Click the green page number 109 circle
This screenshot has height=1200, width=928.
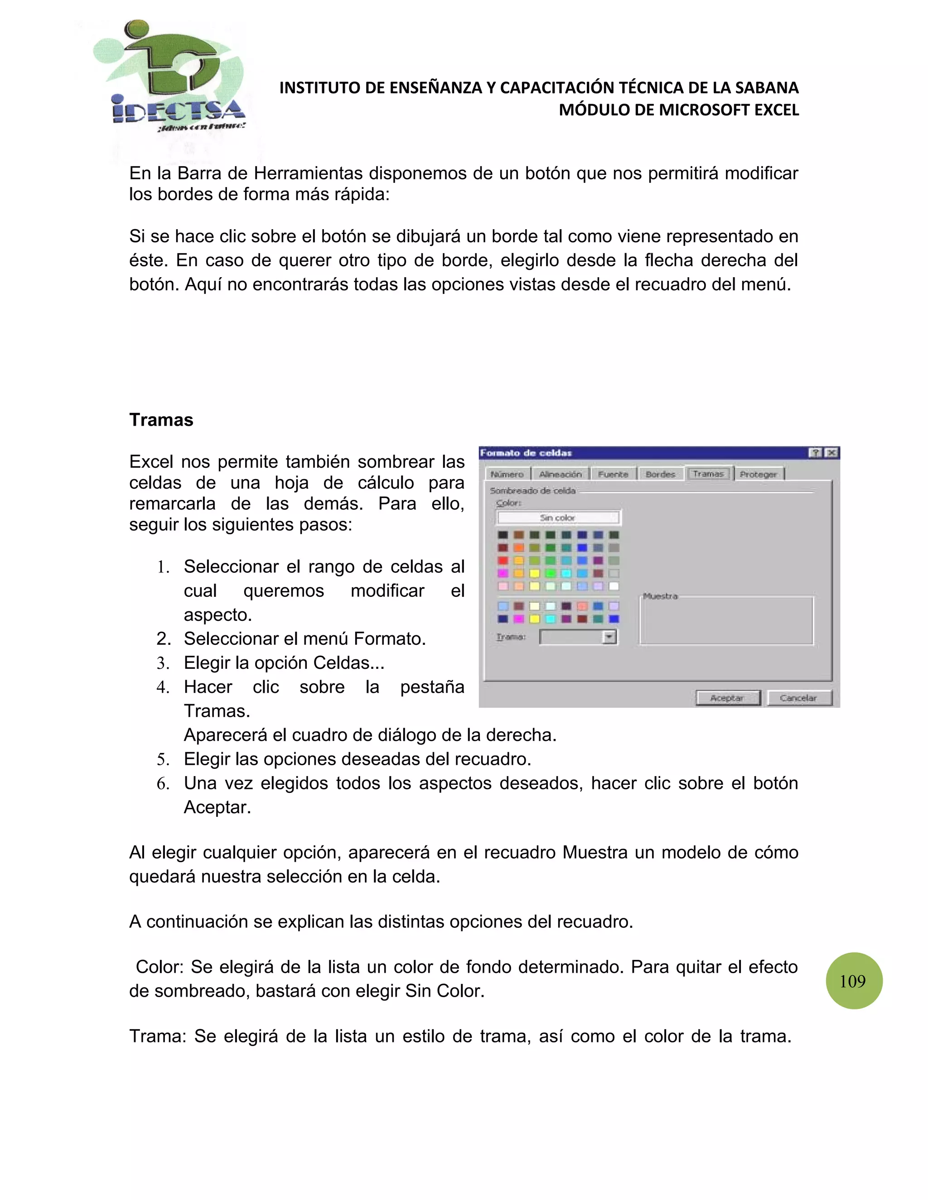[854, 981]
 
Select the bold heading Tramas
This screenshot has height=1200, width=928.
[161, 420]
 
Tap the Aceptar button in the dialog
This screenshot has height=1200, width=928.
[727, 698]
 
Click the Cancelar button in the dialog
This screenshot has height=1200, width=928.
[799, 698]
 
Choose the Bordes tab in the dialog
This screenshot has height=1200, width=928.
[660, 474]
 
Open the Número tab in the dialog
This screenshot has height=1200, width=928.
[507, 474]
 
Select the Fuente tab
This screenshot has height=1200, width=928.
[613, 474]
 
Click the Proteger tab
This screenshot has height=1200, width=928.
[758, 474]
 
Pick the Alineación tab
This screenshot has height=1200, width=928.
[560, 474]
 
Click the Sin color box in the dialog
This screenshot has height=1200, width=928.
[558, 518]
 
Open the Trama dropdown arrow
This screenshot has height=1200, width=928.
[609, 637]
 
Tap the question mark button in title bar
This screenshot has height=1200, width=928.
[815, 453]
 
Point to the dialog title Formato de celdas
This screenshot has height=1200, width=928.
[526, 453]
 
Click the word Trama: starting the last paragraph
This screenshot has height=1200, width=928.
[158, 1036]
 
